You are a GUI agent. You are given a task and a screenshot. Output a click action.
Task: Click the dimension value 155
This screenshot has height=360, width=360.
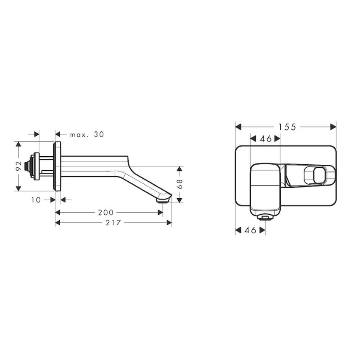pos(285,127)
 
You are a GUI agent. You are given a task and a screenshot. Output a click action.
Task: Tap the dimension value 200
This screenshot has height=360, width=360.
pos(105,213)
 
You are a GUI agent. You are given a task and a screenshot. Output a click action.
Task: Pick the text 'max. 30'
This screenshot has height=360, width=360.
pos(87,134)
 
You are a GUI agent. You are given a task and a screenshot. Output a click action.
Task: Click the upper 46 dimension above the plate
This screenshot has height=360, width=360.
pos(265,138)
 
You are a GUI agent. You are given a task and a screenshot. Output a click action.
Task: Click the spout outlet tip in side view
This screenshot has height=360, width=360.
pos(163,198)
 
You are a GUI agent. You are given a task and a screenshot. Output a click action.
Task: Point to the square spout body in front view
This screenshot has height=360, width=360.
pos(265,186)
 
